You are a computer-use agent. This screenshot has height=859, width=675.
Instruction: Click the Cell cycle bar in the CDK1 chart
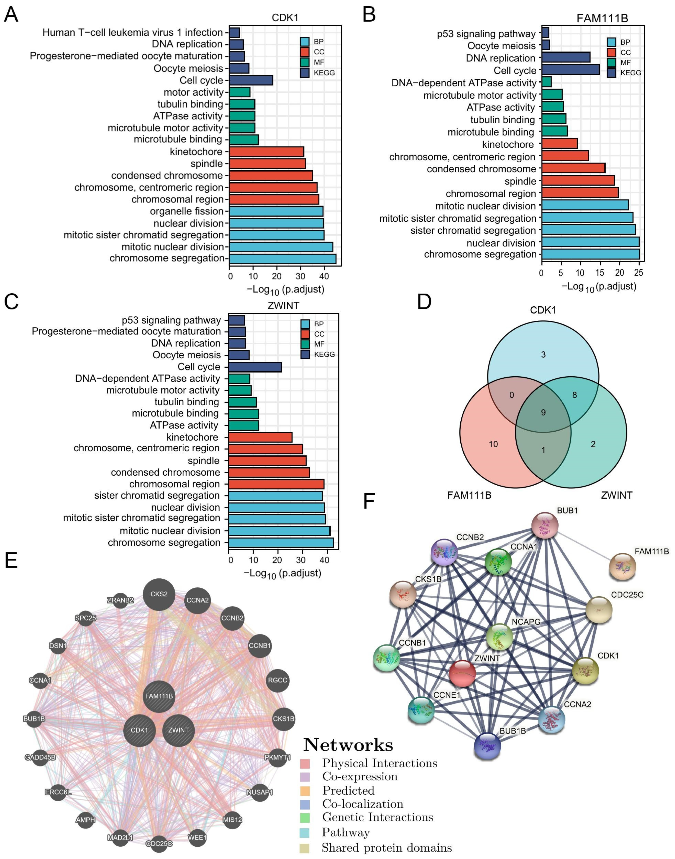tap(251, 80)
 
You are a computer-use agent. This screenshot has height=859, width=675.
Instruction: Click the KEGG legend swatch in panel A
tap(304, 73)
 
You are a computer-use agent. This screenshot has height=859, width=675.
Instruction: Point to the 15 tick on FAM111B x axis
tap(599, 273)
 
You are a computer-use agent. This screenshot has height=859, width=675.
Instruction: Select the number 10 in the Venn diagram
tap(493, 444)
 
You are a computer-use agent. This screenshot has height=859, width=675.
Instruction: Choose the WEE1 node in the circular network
tap(197, 837)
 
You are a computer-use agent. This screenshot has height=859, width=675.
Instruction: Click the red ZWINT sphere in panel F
tap(462, 673)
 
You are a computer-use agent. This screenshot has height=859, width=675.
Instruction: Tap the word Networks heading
tap(348, 745)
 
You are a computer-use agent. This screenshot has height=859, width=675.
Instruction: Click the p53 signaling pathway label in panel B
tap(486, 34)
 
